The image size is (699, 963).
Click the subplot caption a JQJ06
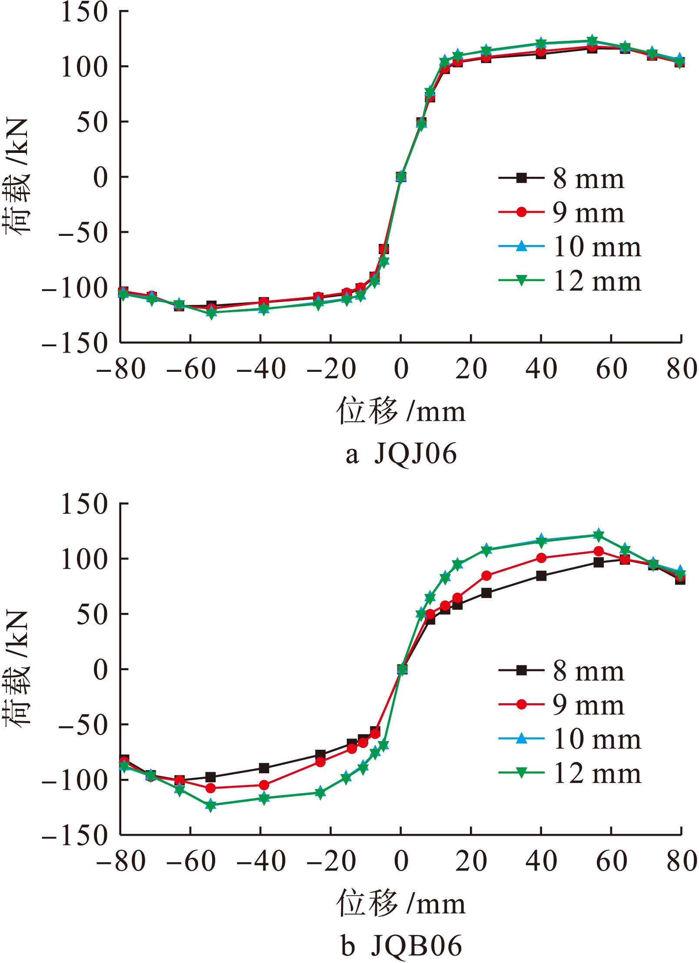(401, 454)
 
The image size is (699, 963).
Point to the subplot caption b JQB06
(401, 946)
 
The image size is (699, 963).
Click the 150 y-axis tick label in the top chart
(84, 12)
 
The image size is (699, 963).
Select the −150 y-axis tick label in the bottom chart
(75, 835)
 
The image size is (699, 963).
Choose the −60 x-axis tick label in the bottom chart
(191, 861)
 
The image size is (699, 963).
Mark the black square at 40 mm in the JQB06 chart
(541, 576)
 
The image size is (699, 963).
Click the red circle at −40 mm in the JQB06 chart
(264, 785)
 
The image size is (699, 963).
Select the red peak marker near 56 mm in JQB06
(599, 551)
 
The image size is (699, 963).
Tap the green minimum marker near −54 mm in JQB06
(211, 806)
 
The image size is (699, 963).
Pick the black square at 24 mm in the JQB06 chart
(486, 593)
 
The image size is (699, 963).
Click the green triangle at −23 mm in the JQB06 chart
(320, 793)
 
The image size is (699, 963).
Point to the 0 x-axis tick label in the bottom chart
(401, 861)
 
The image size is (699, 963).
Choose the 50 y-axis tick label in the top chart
(92, 122)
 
